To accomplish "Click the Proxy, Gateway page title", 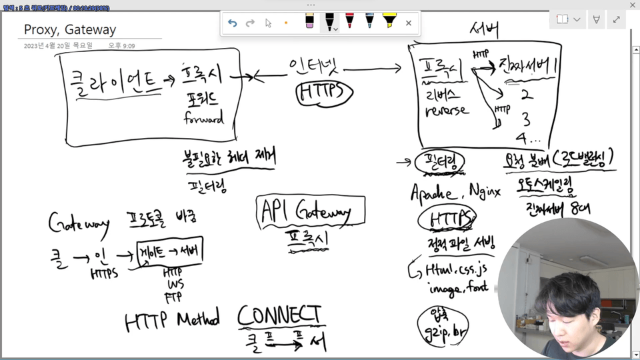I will (x=70, y=30).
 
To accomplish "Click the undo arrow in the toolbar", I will (x=232, y=23).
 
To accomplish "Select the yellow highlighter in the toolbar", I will (x=389, y=21).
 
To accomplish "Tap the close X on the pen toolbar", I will (x=409, y=23).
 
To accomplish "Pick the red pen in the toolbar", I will (x=349, y=21).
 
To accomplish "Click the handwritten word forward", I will (x=204, y=120).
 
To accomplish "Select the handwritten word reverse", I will (x=447, y=111).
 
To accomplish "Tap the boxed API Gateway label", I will (x=311, y=211).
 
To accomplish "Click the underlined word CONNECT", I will (x=280, y=315).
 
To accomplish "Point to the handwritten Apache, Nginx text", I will (x=455, y=193).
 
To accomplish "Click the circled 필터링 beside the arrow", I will (x=439, y=162).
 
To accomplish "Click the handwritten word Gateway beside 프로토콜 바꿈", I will (x=79, y=222).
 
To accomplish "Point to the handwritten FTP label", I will (x=174, y=296).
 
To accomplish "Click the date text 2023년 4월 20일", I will (x=56, y=46).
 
